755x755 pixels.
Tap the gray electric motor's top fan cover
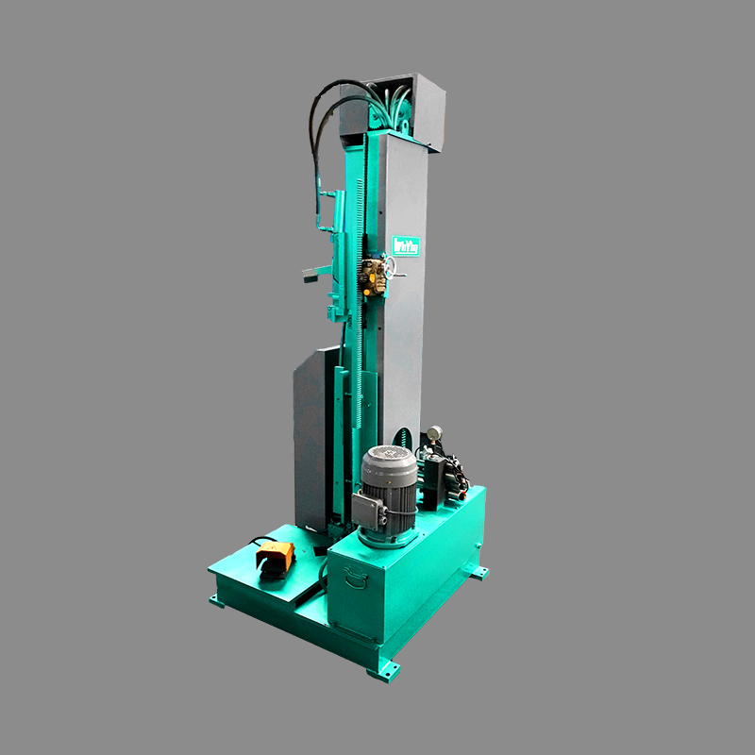pos(389,463)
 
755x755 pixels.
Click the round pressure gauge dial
pos(434,433)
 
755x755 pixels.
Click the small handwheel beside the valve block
pos(401,276)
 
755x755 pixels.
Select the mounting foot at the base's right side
pos(480,572)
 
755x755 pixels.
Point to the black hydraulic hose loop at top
pos(326,104)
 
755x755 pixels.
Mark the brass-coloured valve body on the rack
pos(375,273)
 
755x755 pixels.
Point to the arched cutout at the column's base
pos(404,438)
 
